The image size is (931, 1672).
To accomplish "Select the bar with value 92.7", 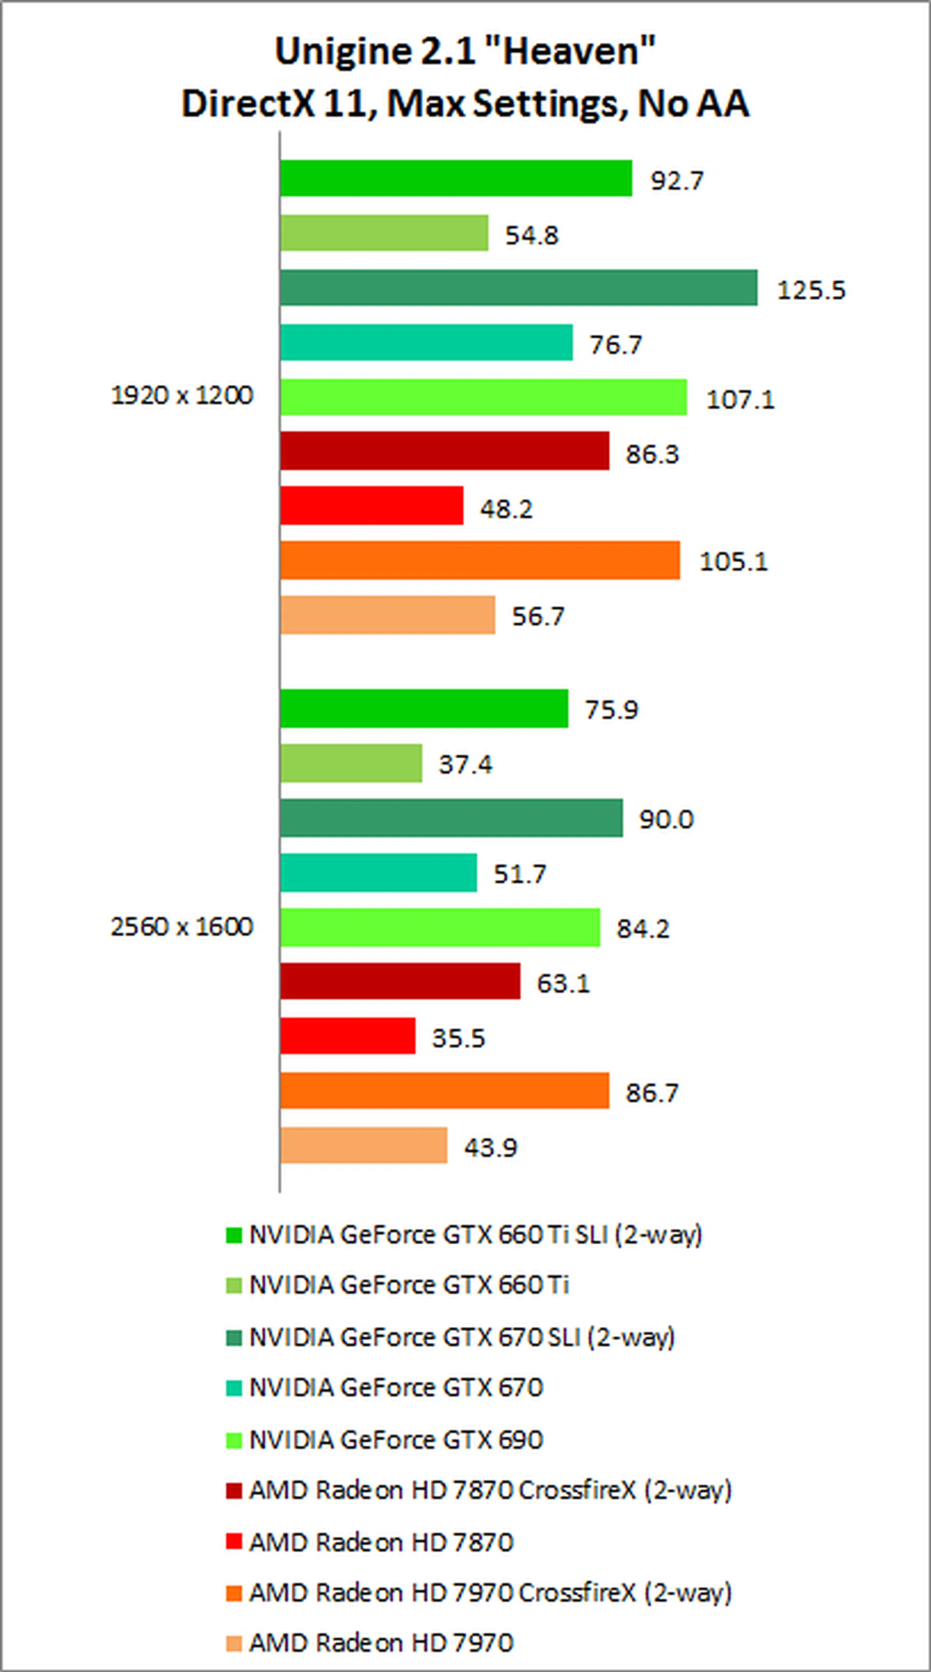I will click(x=456, y=178).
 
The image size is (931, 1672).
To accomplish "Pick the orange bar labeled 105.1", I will click(x=480, y=560).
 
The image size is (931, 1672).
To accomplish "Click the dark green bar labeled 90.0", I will click(x=451, y=818).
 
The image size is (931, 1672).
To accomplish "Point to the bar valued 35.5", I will click(x=347, y=1036).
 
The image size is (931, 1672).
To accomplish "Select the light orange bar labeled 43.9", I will click(x=364, y=1145).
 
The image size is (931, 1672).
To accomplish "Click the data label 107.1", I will click(x=740, y=399).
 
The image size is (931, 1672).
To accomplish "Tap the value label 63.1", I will click(x=563, y=983).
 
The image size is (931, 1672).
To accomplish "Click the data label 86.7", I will click(x=652, y=1093).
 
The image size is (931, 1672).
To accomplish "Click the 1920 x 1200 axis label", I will click(x=182, y=395).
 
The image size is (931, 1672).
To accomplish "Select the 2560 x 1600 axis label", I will click(x=182, y=926).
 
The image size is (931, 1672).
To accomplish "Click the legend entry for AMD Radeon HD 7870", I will click(x=381, y=1542).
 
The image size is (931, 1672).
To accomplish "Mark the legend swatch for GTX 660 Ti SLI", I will click(x=234, y=1235).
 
